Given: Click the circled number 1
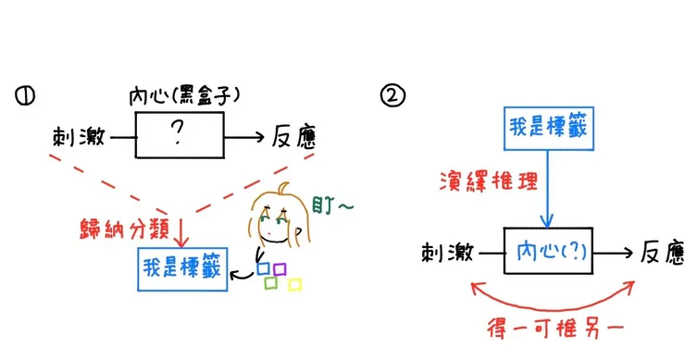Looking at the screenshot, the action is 25,96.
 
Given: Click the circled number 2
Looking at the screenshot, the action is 392,95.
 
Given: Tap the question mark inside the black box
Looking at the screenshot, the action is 178,132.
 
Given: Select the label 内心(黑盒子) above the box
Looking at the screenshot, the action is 184,96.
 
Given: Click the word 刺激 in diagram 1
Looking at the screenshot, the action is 79,137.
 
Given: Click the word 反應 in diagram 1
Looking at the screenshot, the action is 294,136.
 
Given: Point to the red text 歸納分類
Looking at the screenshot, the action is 124,229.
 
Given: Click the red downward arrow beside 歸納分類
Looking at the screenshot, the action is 181,232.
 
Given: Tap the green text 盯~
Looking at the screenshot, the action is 332,205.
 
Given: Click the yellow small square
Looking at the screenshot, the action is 295,285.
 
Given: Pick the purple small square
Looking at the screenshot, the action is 280,269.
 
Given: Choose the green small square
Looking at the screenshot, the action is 271,282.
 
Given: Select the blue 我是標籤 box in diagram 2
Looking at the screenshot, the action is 549,129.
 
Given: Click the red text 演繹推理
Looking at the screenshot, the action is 489,180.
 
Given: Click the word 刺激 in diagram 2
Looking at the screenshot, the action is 448,253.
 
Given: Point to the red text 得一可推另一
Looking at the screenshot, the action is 555,329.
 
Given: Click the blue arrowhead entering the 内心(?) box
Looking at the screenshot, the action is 547,220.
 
